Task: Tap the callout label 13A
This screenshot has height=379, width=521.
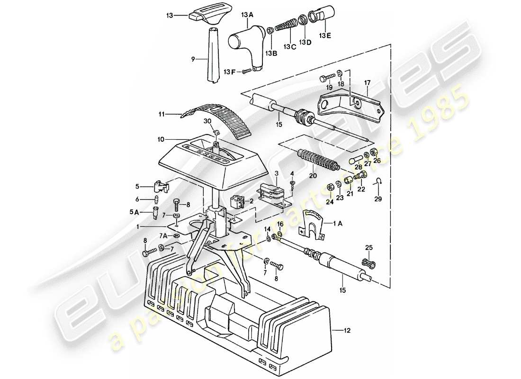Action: (248, 16)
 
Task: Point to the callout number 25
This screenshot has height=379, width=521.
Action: (369, 248)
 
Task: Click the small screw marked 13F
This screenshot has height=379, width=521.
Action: (246, 71)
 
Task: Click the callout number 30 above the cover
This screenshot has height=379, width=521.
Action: (207, 121)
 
